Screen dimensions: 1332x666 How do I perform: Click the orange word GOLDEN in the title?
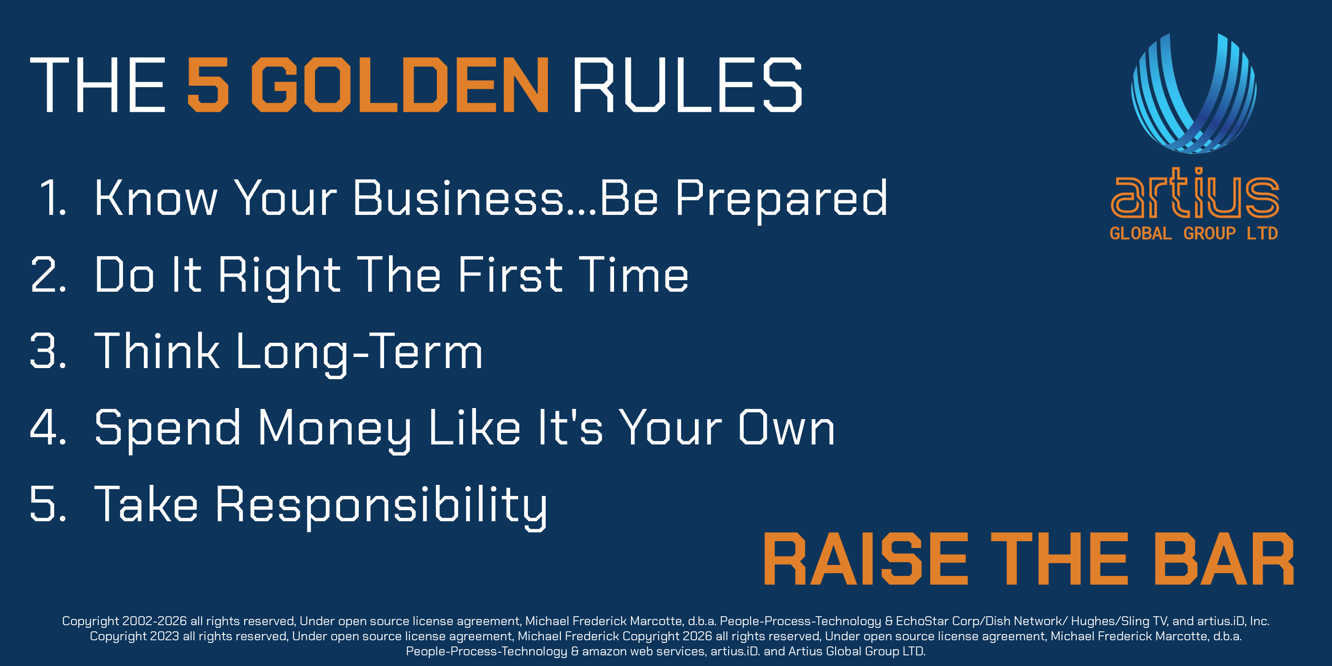coord(400,84)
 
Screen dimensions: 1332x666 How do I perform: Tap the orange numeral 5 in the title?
coord(207,84)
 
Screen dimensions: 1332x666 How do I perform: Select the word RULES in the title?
coord(688,84)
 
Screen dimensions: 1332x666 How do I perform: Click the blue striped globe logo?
coord(1194,93)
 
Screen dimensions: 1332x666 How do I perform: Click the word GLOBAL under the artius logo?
coord(1141,233)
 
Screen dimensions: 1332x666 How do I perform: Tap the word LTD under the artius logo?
coord(1262,233)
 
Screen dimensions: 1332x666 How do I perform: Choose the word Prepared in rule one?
coord(781,201)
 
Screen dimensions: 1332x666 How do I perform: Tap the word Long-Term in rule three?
coord(359,354)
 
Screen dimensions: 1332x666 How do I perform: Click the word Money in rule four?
coord(334,431)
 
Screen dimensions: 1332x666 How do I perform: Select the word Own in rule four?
coord(786,427)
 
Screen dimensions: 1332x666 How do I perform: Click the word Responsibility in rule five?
coord(381,507)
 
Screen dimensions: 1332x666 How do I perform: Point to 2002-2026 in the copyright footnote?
coord(155,621)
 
